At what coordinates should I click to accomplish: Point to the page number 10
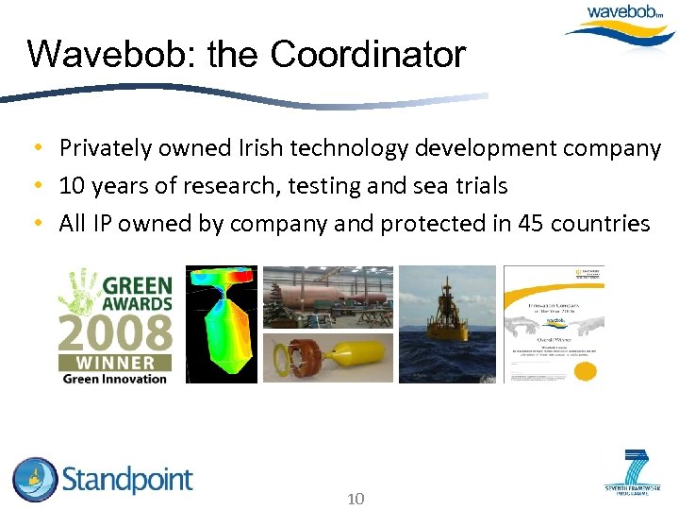(356, 499)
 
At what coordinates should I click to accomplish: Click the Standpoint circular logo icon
(35, 480)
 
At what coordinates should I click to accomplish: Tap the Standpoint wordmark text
(127, 480)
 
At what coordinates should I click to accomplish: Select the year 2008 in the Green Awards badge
(115, 332)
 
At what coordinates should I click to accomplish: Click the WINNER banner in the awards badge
(114, 362)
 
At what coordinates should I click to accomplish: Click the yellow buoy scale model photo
(327, 356)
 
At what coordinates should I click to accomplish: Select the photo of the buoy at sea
(447, 324)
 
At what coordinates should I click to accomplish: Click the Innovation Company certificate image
(554, 324)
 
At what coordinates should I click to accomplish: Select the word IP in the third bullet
(102, 224)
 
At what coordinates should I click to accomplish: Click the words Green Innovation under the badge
(114, 379)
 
